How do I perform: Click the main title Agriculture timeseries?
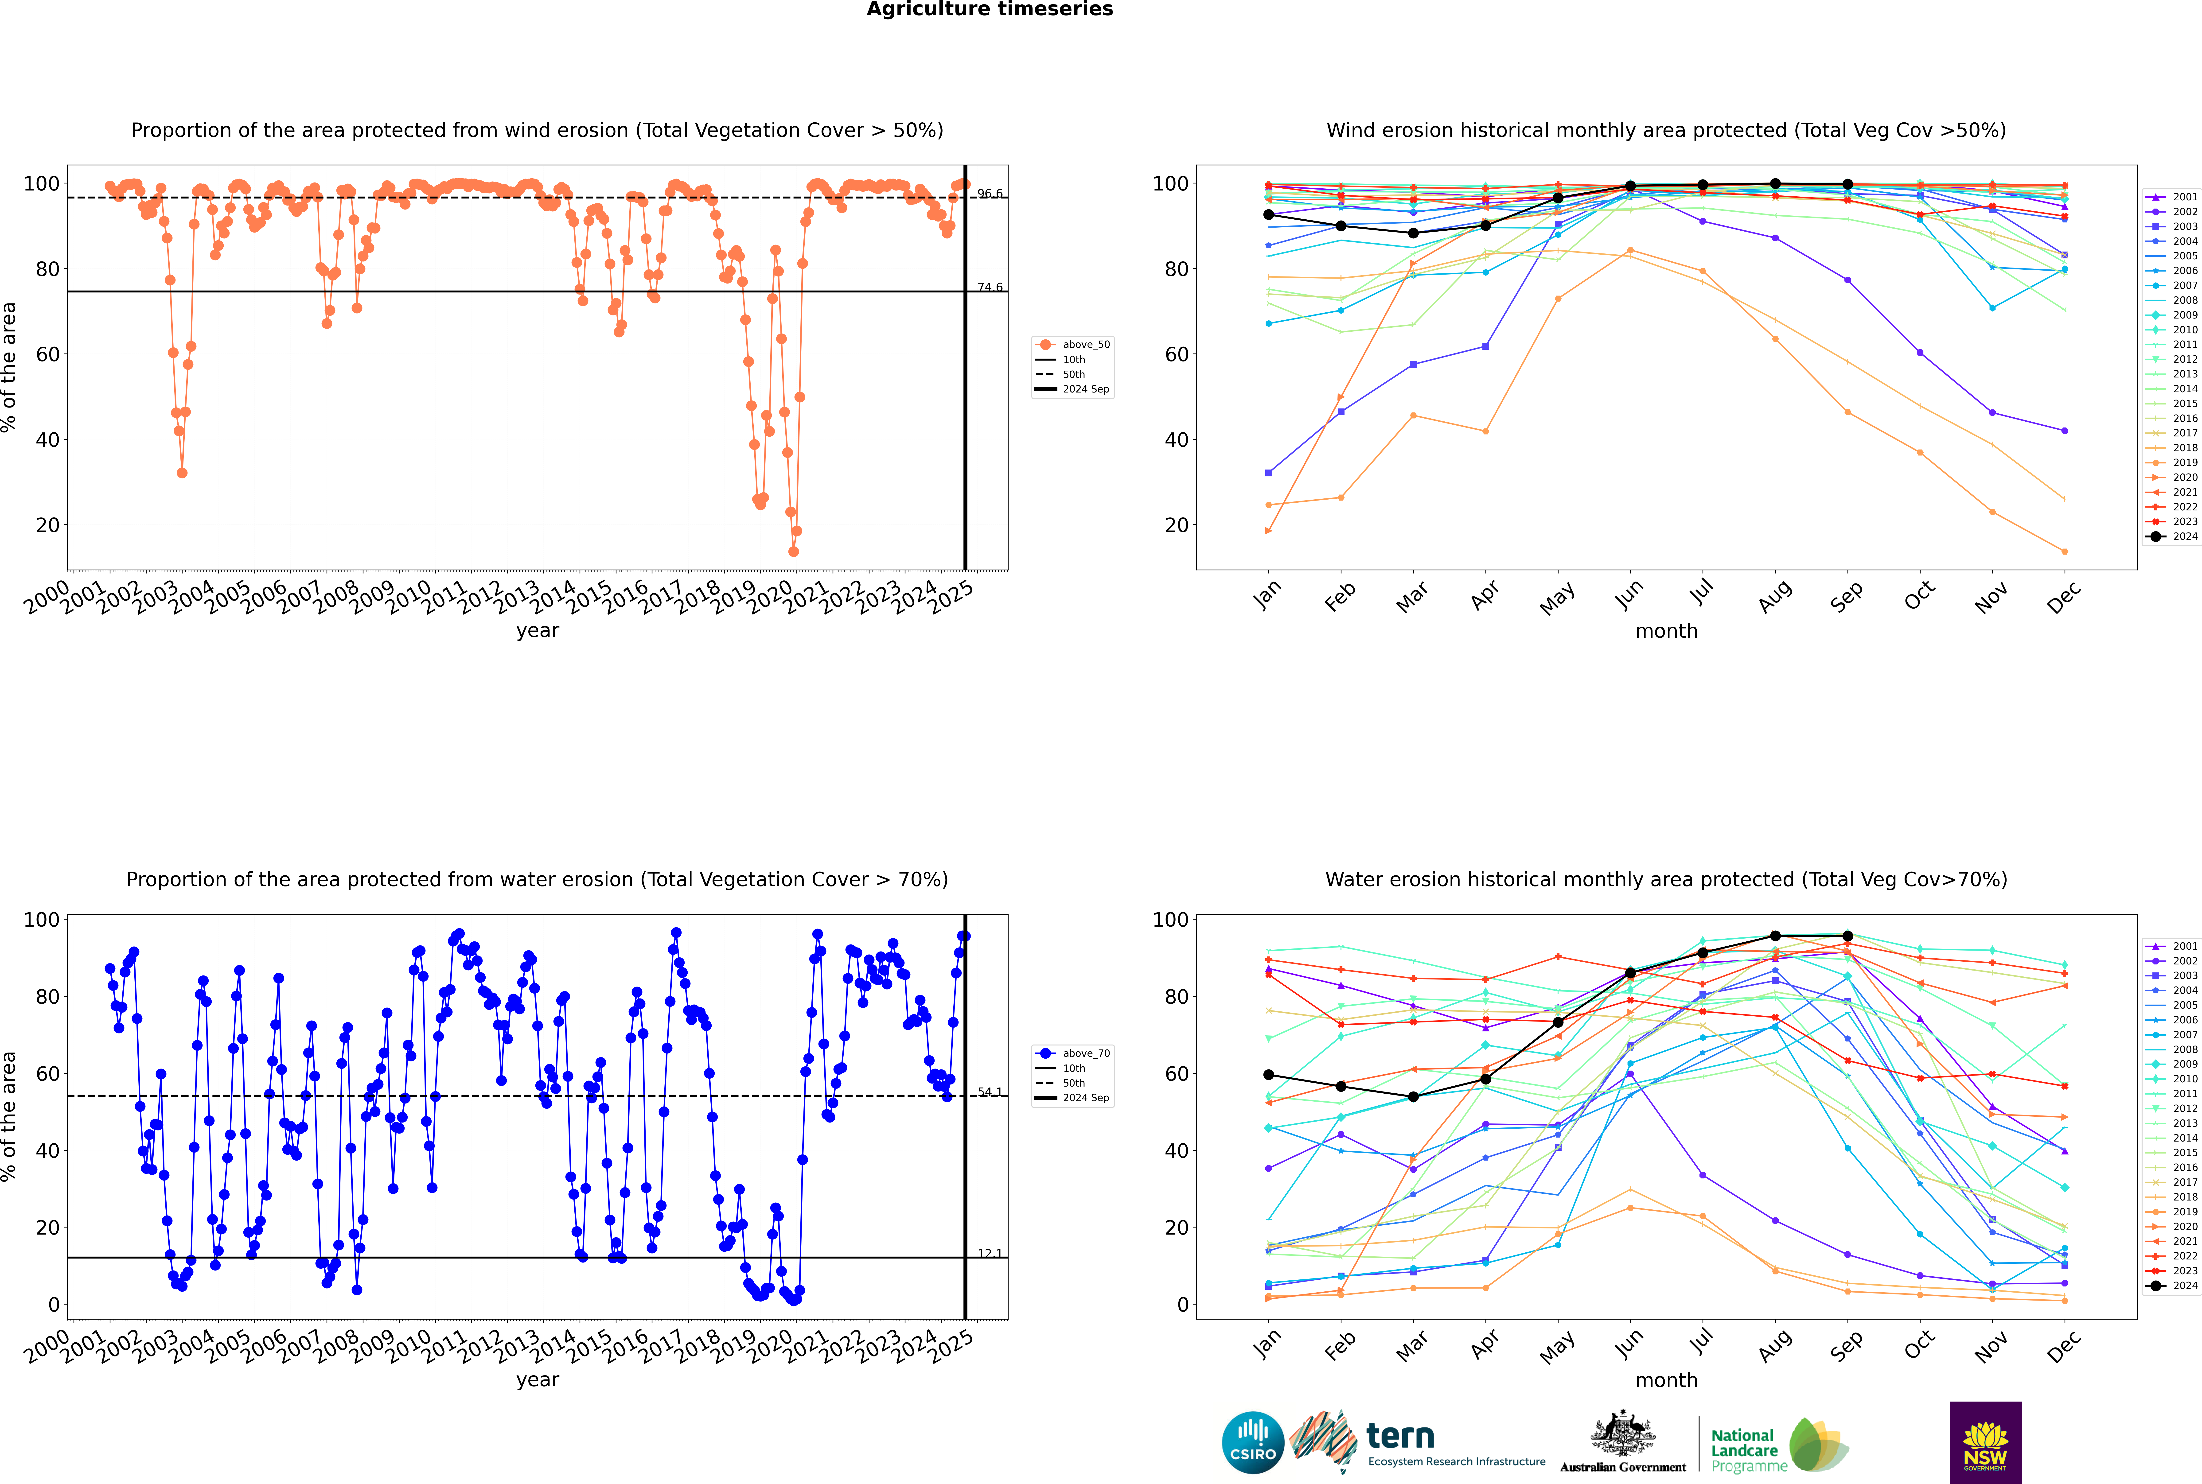pyautogui.click(x=989, y=9)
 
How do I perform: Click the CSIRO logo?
pyautogui.click(x=1252, y=1442)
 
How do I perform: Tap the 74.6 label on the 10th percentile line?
pyautogui.click(x=989, y=287)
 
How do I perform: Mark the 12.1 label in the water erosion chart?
pyautogui.click(x=989, y=1253)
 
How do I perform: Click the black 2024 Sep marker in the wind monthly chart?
pyautogui.click(x=1847, y=185)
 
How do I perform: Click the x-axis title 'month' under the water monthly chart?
pyautogui.click(x=1666, y=1380)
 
